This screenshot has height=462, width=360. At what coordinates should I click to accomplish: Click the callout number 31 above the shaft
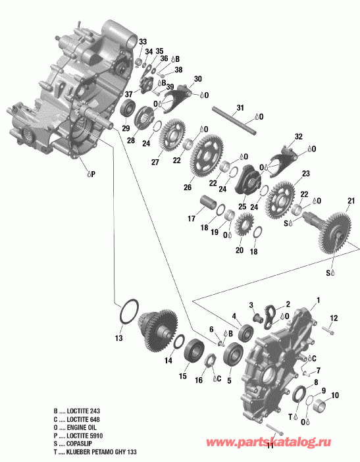click(240, 108)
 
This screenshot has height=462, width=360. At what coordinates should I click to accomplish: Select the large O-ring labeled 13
click(128, 311)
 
